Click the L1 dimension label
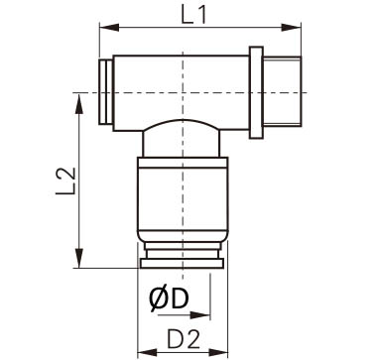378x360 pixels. [x=193, y=15]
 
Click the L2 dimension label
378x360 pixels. [x=65, y=181]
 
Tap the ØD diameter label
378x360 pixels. [x=169, y=300]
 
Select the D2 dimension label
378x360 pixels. [x=184, y=339]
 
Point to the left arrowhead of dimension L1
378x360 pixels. [x=109, y=28]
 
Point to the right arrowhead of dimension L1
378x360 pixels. [x=292, y=28]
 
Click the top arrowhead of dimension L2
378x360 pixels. [x=79, y=104]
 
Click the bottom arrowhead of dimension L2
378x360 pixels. [x=79, y=258]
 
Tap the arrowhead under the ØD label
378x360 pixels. [x=200, y=315]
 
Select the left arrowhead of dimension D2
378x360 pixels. [x=147, y=352]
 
